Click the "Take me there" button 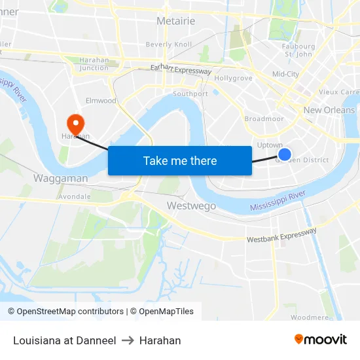point(180,160)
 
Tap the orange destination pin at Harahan point(76,122)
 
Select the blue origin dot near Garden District point(284,154)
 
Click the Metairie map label point(175,22)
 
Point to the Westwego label point(191,206)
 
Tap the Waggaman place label point(61,178)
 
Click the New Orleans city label point(329,110)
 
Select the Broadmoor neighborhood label point(264,119)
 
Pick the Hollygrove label point(233,78)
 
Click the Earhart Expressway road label point(181,69)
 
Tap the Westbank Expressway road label point(281,235)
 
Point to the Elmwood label point(101,101)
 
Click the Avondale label point(75,196)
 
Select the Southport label point(190,94)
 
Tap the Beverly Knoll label point(169,45)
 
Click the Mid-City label point(285,75)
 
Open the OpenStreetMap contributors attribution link point(70,312)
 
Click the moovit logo point(320,340)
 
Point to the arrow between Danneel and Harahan point(128,340)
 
